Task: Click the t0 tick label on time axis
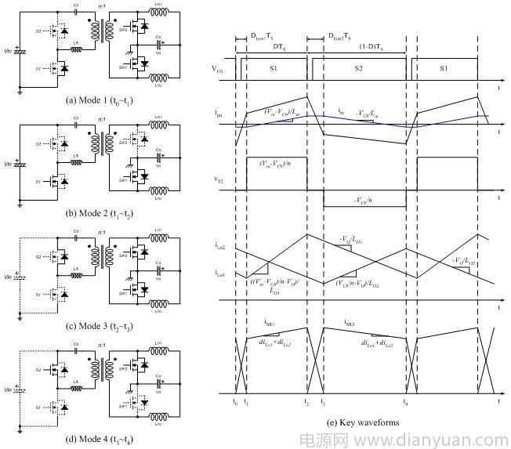235,403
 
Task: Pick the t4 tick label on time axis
406,403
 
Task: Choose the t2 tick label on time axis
306,403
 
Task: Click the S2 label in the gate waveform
357,69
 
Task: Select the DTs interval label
278,49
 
